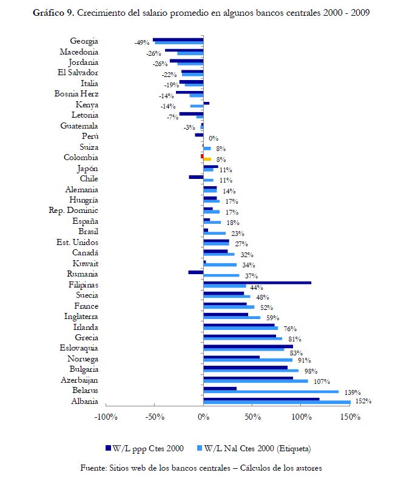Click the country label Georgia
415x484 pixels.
click(84, 41)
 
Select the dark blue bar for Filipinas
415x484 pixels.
click(257, 283)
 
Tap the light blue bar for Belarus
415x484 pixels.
click(271, 392)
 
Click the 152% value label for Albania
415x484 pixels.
click(363, 401)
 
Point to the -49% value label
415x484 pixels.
click(142, 43)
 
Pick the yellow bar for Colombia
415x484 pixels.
click(207, 159)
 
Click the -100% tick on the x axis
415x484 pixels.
click(106, 417)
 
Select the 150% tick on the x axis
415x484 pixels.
click(350, 417)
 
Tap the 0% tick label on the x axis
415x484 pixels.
click(203, 417)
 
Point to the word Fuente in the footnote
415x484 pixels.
click(94, 468)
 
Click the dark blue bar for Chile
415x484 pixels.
click(196, 177)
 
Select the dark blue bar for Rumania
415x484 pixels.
click(195, 272)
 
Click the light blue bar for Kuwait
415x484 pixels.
click(220, 264)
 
